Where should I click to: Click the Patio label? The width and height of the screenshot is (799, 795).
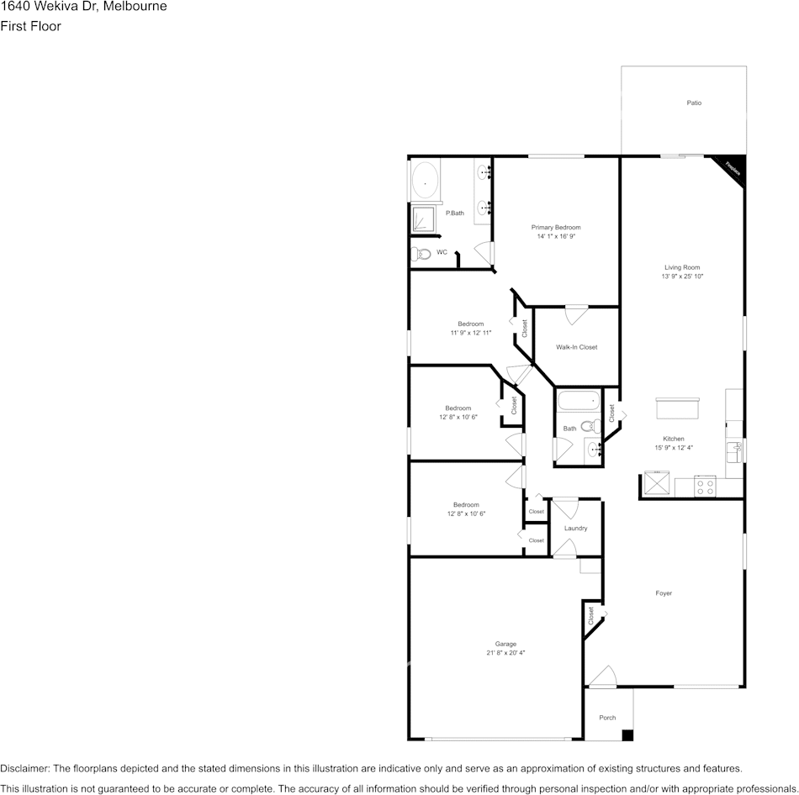[694, 103]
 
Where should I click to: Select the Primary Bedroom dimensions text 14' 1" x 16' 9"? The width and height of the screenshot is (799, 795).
[556, 236]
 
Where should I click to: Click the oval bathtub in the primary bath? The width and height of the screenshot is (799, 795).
[426, 181]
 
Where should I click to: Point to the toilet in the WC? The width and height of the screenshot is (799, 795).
[422, 253]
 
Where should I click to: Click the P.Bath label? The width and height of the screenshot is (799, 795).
[455, 213]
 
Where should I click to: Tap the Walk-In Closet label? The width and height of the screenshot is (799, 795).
[577, 347]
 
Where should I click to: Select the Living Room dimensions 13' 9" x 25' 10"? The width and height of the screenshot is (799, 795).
[682, 276]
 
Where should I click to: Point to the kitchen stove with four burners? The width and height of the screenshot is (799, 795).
[705, 485]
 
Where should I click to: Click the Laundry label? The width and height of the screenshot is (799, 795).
[576, 528]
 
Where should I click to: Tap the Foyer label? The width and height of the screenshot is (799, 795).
[664, 593]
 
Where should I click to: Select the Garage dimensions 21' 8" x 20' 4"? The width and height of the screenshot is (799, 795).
[505, 653]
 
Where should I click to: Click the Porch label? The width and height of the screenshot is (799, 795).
[607, 718]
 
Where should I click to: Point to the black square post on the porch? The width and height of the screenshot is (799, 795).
[627, 735]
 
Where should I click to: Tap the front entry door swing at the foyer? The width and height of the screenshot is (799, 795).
[601, 677]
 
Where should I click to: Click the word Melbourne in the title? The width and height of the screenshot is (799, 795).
[135, 7]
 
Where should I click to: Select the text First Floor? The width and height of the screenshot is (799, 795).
[30, 26]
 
